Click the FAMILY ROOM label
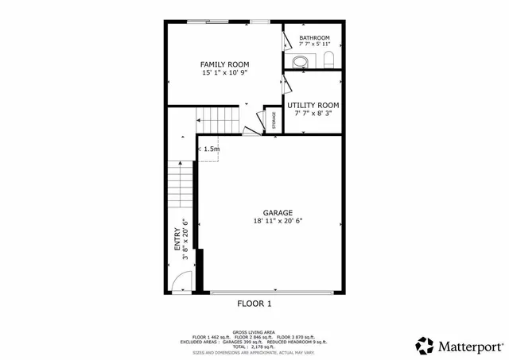[x=224, y=64]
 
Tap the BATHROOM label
[x=314, y=37]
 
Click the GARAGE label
[x=278, y=213]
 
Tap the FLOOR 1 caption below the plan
[x=254, y=304]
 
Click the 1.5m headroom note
[x=211, y=149]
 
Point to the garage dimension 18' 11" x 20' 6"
[x=278, y=222]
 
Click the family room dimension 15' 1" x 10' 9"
[x=224, y=73]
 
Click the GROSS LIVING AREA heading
[x=254, y=331]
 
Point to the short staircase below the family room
[x=217, y=122]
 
